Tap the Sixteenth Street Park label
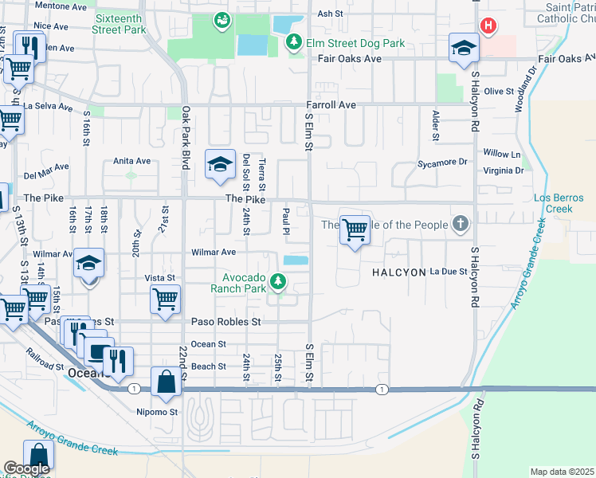coord(120,24)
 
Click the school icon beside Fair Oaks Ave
coord(463,49)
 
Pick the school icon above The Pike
coord(219,164)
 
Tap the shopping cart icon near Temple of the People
coord(355,230)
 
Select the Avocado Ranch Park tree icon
coord(277,280)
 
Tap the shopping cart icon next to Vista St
coord(164,300)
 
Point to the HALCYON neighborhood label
coord(399,272)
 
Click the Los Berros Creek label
coord(553,203)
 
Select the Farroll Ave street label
coord(331,105)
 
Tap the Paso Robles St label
coord(226,322)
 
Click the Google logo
coord(26,469)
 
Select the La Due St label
coord(448,272)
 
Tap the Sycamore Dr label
coord(442,162)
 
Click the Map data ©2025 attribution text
coord(561,472)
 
